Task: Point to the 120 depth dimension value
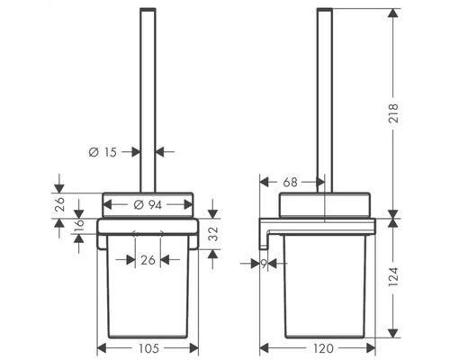pos(325,347)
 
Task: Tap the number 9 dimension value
pos(263,265)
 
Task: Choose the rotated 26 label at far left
pos(59,204)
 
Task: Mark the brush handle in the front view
pos(148,90)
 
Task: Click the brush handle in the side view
pos(324,90)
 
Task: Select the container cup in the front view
pos(148,292)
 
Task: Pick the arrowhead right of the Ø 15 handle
pos(161,152)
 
